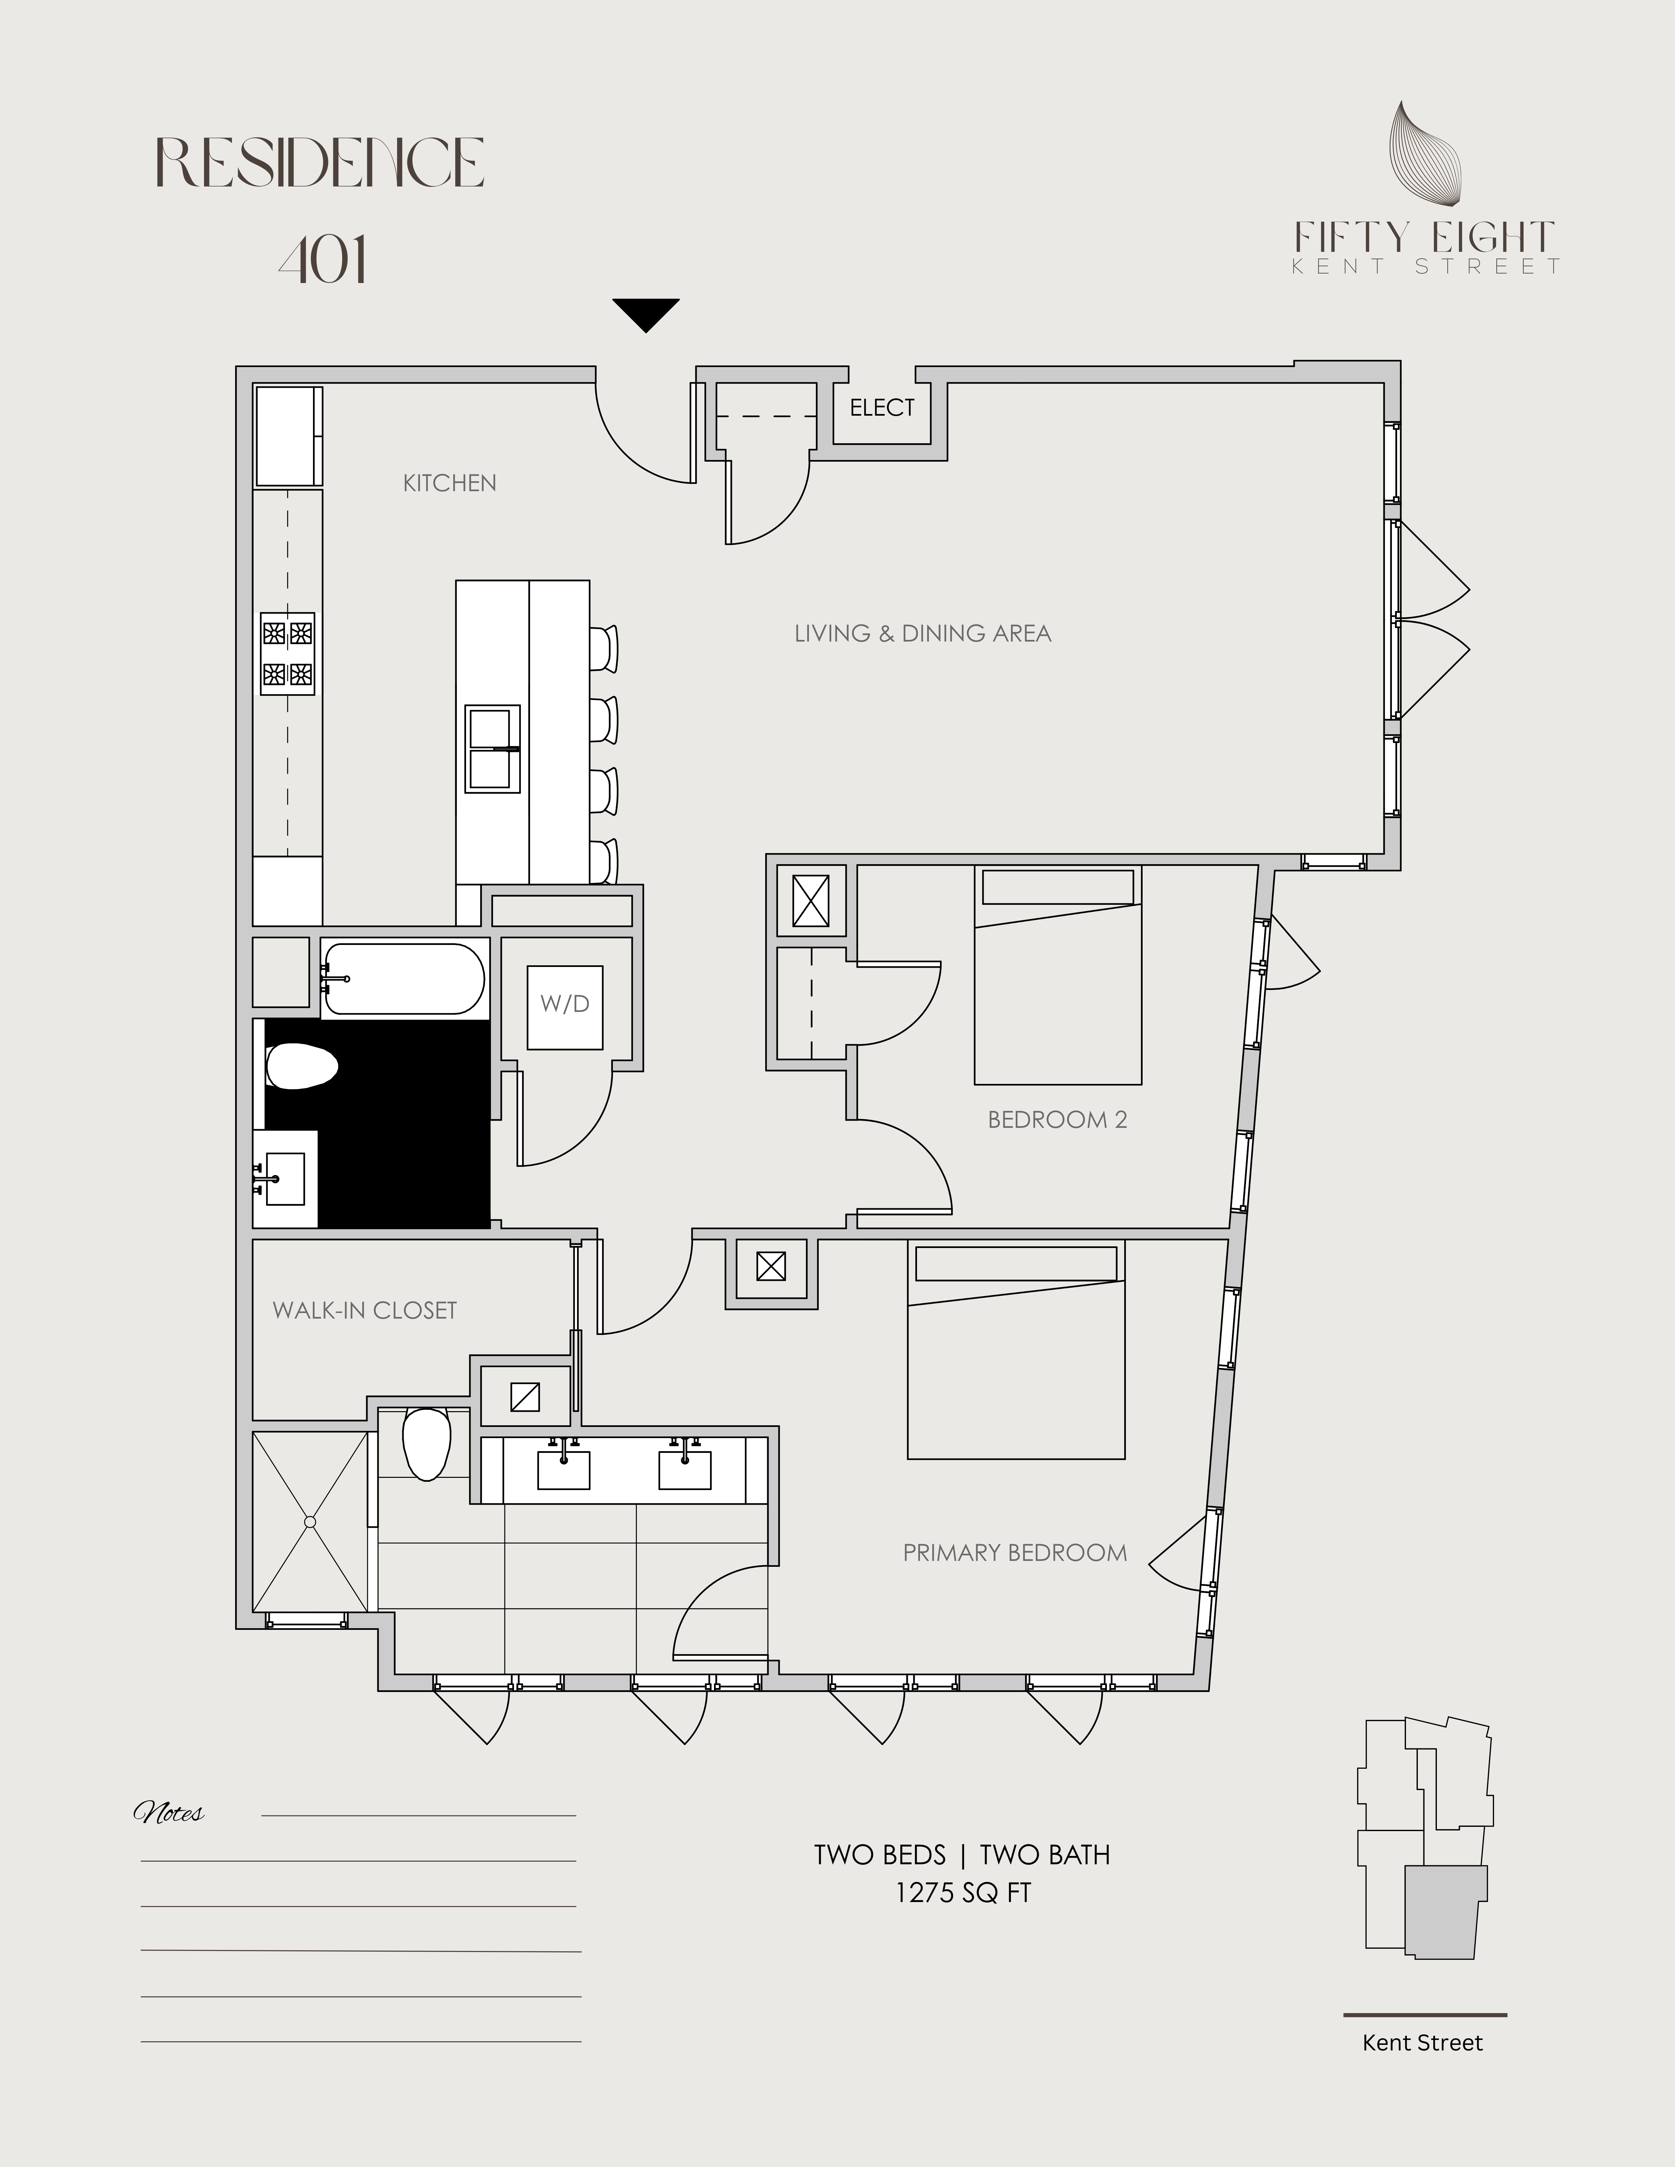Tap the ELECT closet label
882,408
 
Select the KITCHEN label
450,483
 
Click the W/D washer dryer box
565,1007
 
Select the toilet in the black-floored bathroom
301,1067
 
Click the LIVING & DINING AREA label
923,633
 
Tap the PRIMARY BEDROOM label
1015,1553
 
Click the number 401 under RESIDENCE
323,260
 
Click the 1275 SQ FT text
963,1893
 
